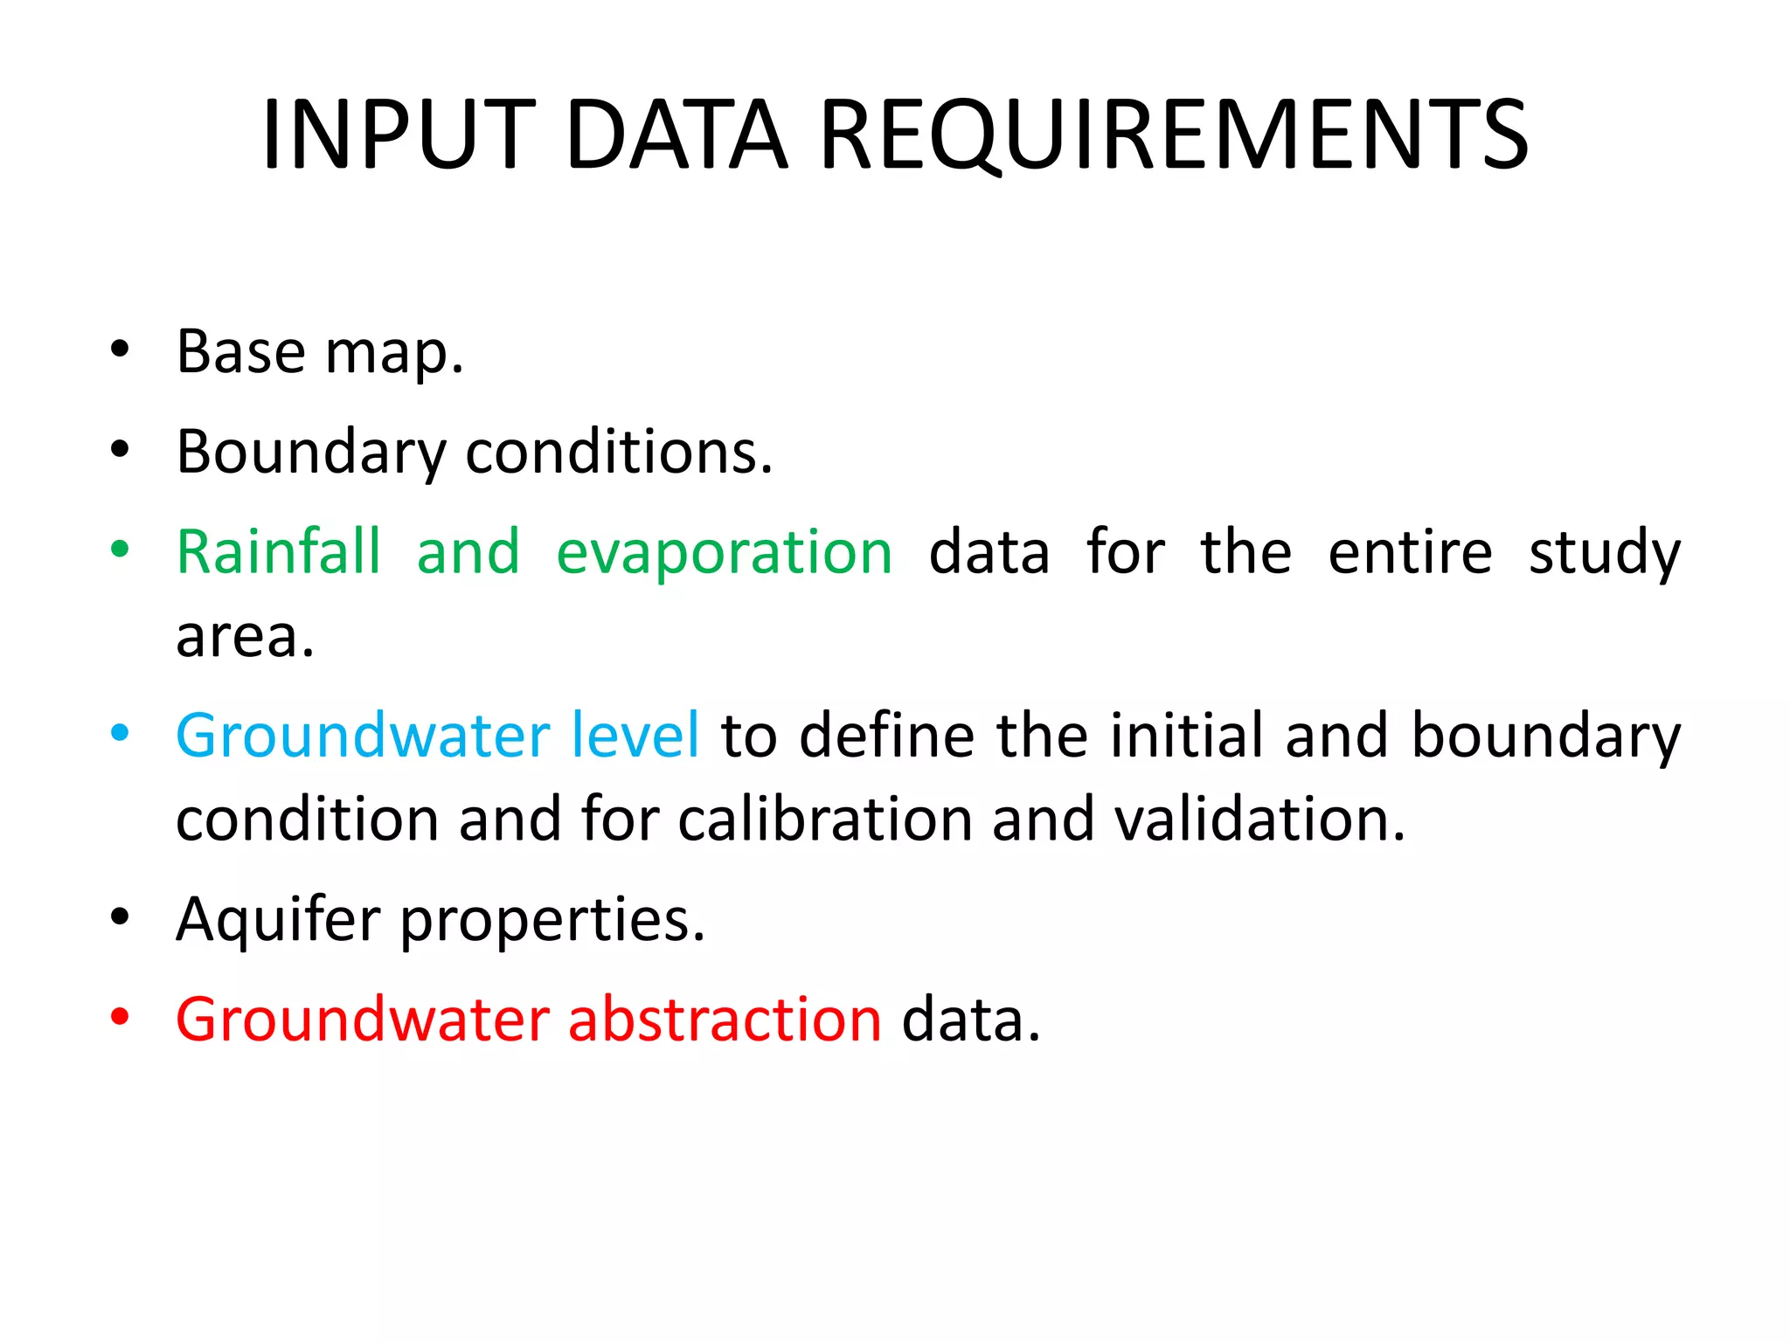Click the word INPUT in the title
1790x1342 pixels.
398,135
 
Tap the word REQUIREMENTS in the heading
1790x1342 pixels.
1174,136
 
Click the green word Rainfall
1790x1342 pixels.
279,552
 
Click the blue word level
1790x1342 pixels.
635,735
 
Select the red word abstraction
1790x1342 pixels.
725,1020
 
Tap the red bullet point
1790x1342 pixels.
120,1017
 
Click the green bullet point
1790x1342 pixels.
120,550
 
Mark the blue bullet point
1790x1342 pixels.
120,732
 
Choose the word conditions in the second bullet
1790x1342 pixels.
619,453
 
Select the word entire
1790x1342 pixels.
1410,552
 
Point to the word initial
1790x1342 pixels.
1186,735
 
